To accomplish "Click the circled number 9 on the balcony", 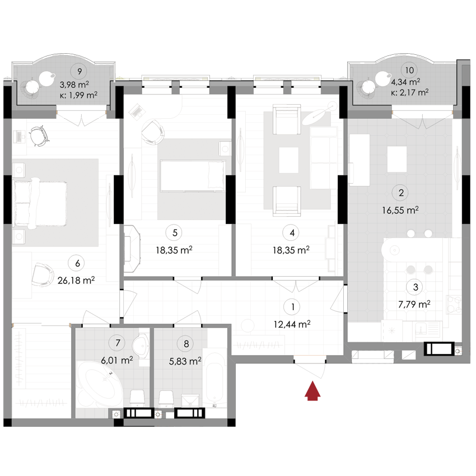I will [81, 71].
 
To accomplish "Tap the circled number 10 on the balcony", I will [409, 70].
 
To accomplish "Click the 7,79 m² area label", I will [414, 304].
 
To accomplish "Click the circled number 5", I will [175, 232].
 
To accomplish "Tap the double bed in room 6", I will [40, 200].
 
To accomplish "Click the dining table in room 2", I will [397, 158].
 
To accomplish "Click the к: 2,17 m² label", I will [410, 92].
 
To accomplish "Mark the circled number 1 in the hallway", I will [292, 306].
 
